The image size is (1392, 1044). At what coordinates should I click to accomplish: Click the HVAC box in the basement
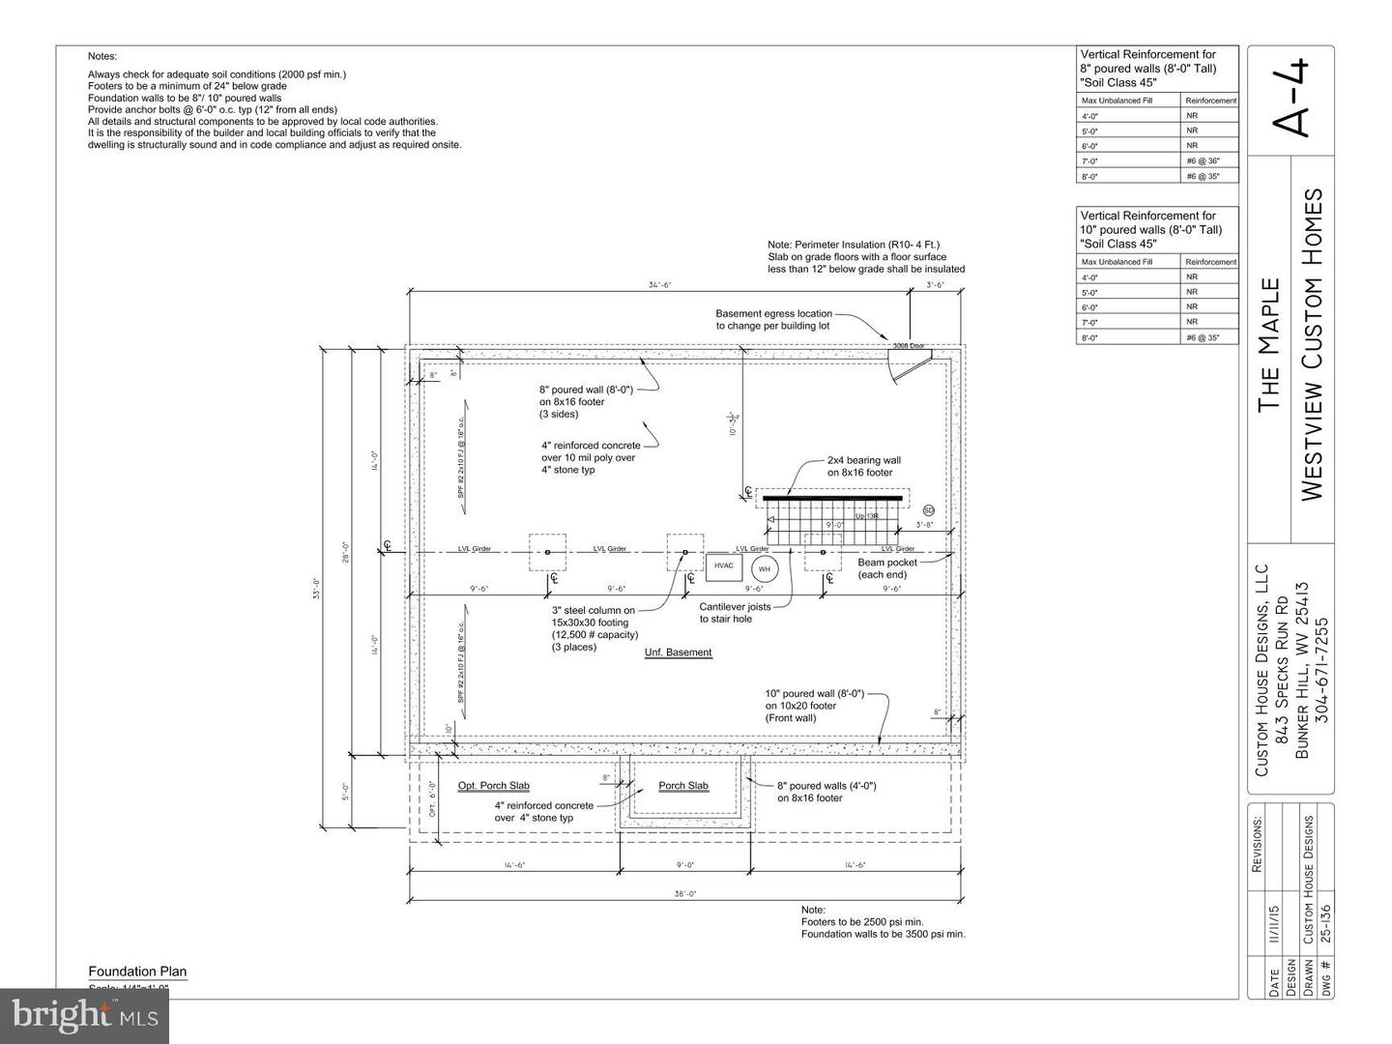[x=723, y=566]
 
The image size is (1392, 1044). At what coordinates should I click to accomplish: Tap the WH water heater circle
[x=765, y=568]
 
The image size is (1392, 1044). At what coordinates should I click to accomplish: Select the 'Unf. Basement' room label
[x=678, y=652]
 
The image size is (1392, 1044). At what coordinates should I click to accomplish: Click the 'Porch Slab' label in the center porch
[x=683, y=786]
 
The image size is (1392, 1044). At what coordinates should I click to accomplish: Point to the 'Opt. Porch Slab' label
[x=493, y=786]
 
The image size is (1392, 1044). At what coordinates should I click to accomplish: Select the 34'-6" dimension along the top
[x=659, y=285]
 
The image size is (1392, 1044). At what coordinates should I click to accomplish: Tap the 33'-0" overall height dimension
[x=316, y=588]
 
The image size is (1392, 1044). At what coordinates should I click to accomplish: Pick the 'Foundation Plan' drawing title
[x=137, y=971]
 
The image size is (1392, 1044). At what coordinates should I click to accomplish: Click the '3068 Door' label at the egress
[x=908, y=345]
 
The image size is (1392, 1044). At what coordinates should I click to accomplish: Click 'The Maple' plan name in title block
[x=1269, y=345]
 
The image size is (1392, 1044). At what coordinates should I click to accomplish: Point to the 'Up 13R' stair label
[x=866, y=516]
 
